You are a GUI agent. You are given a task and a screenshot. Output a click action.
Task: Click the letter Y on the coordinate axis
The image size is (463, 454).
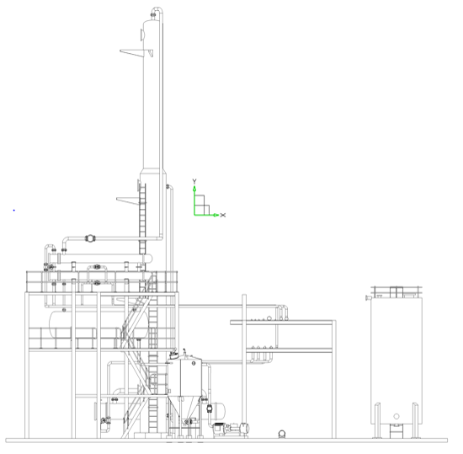pyautogui.click(x=194, y=181)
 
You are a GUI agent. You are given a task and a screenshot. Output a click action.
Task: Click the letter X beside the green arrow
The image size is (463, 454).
pyautogui.click(x=222, y=215)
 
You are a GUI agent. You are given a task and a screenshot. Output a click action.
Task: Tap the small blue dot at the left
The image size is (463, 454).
pyautogui.click(x=13, y=211)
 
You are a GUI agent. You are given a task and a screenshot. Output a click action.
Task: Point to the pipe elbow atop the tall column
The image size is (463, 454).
pyautogui.click(x=157, y=12)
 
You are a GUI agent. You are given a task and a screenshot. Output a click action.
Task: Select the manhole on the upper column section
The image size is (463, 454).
pyautogui.click(x=142, y=35)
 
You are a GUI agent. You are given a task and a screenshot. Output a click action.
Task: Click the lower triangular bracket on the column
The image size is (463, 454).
pyautogui.click(x=128, y=200)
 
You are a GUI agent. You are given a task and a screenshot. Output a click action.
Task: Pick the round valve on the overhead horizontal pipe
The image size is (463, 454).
pyautogui.click(x=90, y=238)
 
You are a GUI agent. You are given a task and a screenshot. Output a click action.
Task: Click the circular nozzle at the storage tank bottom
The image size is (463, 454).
pyautogui.click(x=396, y=416)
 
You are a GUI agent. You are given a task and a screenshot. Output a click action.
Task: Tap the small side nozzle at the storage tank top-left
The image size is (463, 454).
pyautogui.click(x=368, y=297)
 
